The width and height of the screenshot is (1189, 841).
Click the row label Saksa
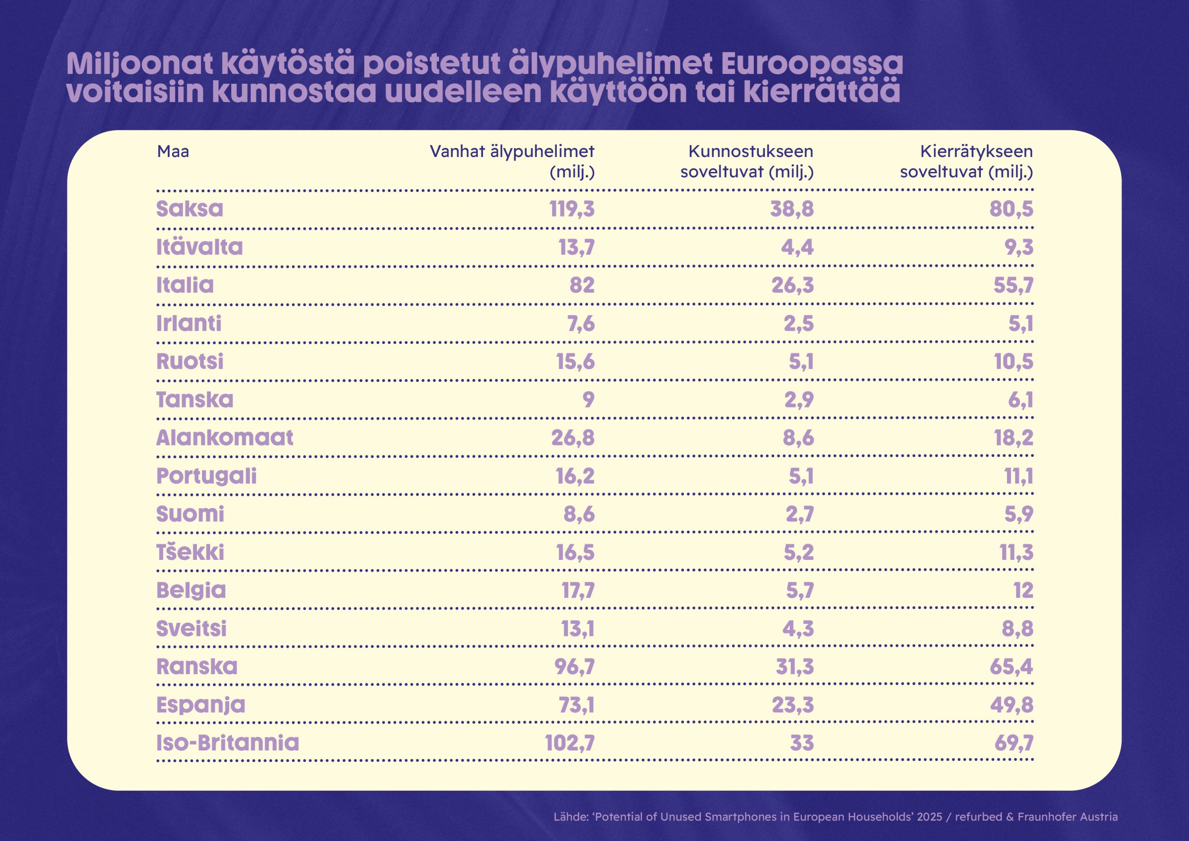189,209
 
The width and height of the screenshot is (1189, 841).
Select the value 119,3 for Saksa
572,209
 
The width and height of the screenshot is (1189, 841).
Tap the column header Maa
173,151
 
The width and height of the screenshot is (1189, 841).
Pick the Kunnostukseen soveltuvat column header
747,161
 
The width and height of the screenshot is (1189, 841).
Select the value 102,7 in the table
569,743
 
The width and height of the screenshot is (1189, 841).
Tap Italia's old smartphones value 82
582,285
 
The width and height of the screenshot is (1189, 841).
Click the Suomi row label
190,514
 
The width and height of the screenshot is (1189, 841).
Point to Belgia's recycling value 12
1023,591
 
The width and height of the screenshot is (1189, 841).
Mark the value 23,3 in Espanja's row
792,705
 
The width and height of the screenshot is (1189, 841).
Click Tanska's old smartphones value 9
588,400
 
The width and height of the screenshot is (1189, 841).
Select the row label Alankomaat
225,438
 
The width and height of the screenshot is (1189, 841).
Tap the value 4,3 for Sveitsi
798,629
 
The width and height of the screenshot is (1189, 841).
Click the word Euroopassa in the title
811,64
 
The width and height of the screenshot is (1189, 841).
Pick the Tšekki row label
190,552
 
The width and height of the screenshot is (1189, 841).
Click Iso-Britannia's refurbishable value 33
802,743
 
